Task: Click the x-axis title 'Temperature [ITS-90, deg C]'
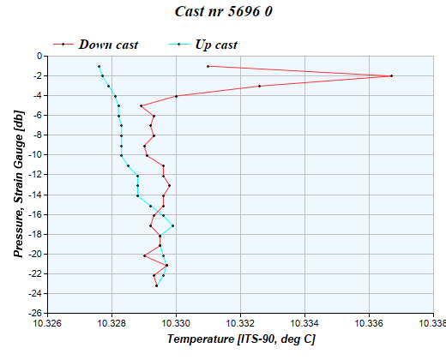tap(241, 340)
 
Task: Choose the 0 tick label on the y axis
tap(39, 56)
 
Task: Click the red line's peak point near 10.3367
tap(391, 76)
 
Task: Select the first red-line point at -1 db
tap(208, 66)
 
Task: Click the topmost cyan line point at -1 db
tap(99, 66)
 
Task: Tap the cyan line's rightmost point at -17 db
tap(172, 226)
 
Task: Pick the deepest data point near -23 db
tap(156, 285)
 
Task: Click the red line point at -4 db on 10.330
tap(176, 96)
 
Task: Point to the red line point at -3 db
tap(259, 86)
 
